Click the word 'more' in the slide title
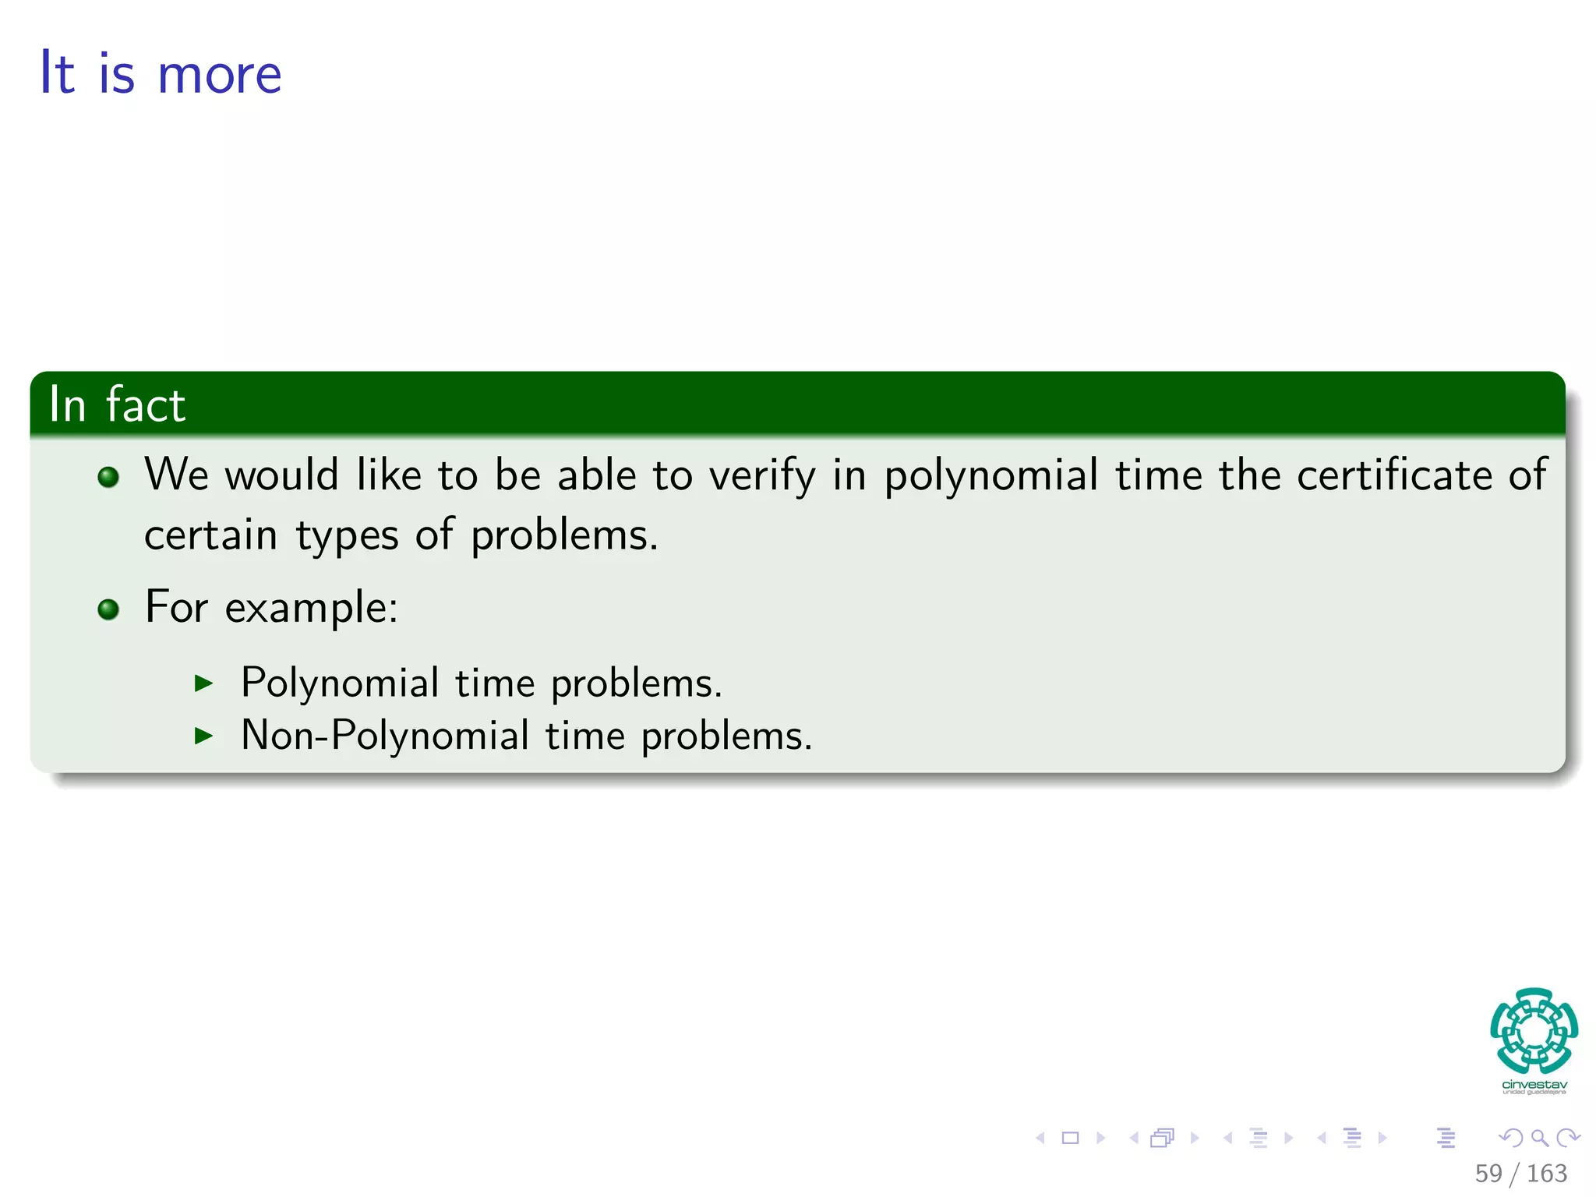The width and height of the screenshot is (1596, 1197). pos(219,76)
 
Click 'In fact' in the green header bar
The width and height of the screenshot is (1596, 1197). pos(117,404)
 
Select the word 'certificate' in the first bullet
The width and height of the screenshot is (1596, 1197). pos(1393,475)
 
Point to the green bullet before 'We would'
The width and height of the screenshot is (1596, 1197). pos(108,477)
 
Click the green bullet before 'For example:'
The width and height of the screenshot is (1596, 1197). pos(108,609)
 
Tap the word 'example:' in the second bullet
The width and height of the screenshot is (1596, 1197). pos(311,608)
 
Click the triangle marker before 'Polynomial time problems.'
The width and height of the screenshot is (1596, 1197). pos(203,683)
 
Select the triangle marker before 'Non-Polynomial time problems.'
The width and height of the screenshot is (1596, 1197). pos(203,736)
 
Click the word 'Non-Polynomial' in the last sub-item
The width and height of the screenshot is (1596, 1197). pos(385,735)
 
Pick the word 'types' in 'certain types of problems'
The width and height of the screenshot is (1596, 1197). pos(347,536)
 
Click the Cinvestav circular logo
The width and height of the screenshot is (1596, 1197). pos(1534,1031)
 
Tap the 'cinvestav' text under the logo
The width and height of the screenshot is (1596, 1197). pos(1534,1085)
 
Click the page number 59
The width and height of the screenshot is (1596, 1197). pos(1488,1173)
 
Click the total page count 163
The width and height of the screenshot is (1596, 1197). pos(1546,1173)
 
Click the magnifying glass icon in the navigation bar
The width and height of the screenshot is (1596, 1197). pos(1539,1138)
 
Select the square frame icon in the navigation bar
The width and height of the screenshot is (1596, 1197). pos(1070,1138)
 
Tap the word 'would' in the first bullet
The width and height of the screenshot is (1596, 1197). pos(281,475)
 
